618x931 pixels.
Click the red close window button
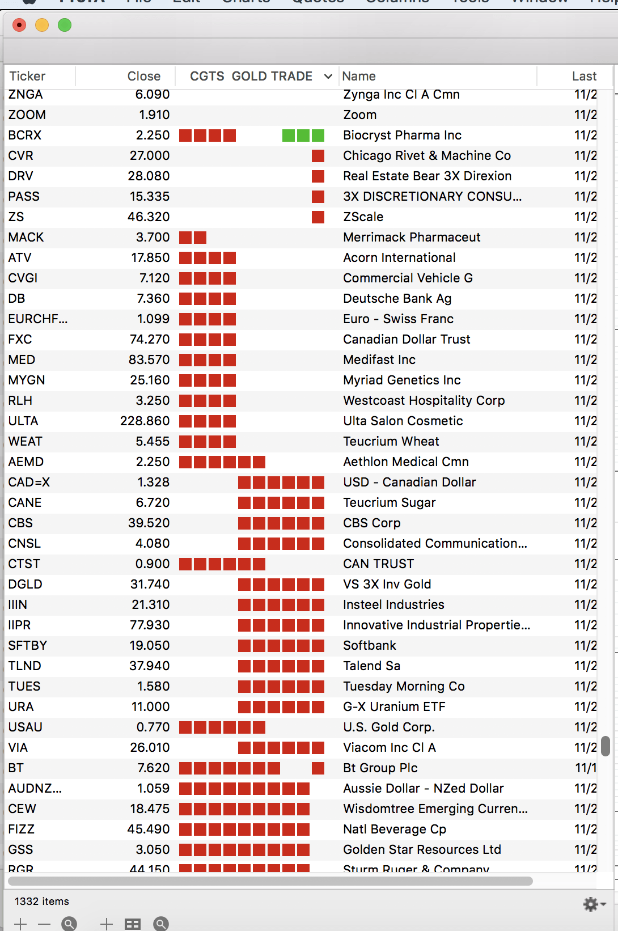point(19,26)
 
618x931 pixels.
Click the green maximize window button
point(65,26)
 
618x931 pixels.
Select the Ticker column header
point(27,77)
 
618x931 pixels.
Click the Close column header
point(143,77)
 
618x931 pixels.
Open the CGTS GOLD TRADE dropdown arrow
point(328,77)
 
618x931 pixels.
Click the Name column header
point(359,77)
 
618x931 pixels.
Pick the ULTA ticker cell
point(23,421)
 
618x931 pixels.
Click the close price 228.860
point(145,421)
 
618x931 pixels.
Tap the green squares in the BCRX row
point(303,136)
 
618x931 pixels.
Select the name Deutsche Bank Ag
point(397,299)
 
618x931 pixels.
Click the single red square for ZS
point(318,217)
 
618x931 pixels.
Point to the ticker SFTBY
point(28,646)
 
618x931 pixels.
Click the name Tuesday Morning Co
point(404,687)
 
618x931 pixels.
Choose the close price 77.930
point(150,625)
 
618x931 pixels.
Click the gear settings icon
point(591,904)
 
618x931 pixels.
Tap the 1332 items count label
point(42,902)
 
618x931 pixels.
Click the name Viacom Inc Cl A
point(389,748)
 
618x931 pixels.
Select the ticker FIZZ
point(22,830)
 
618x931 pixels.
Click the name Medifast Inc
point(379,360)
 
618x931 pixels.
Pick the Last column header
point(583,77)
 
